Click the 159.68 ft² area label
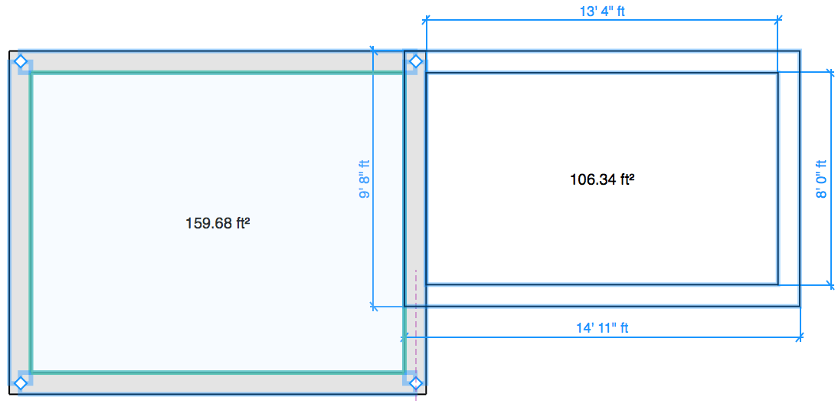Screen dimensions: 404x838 pos(219,223)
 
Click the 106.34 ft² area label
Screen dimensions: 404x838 pos(602,180)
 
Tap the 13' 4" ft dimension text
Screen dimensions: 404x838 pos(601,11)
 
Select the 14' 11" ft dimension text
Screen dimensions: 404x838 pos(602,328)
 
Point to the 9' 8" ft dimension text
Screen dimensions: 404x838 pos(364,179)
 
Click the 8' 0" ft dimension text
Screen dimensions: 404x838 pos(821,179)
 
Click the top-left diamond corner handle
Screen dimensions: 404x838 pos(21,61)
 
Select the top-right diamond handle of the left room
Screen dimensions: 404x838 pos(415,61)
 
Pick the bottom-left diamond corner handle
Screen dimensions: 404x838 pos(21,383)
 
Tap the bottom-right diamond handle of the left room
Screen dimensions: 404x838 pos(415,383)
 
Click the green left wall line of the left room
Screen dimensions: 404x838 pos(31,222)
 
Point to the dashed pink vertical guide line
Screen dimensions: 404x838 pos(415,322)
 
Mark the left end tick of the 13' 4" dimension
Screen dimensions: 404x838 pos(427,18)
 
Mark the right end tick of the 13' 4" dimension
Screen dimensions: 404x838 pos(778,18)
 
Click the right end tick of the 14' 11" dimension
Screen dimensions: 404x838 pos(800,336)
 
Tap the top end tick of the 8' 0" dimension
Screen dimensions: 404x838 pos(831,72)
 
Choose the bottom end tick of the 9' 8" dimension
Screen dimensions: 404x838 pos(374,307)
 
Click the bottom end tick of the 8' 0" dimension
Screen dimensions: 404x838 pos(831,285)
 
